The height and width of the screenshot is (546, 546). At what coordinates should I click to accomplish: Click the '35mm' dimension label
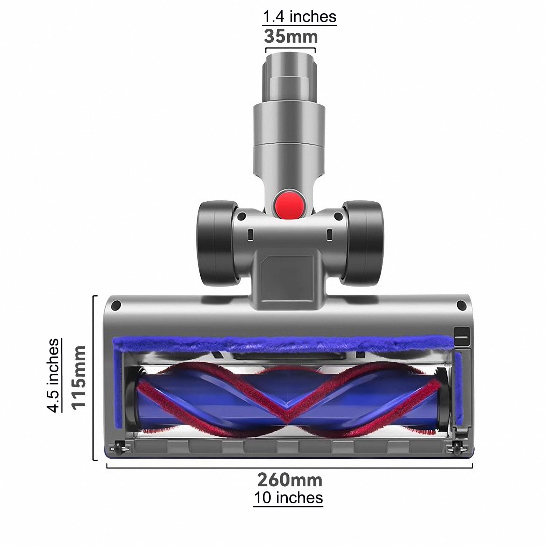291,37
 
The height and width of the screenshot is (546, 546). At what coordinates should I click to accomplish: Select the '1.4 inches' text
299,16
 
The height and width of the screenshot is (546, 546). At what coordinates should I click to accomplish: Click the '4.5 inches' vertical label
54,375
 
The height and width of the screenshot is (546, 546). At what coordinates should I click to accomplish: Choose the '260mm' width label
290,480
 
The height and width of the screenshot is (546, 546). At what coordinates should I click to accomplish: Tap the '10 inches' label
288,498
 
